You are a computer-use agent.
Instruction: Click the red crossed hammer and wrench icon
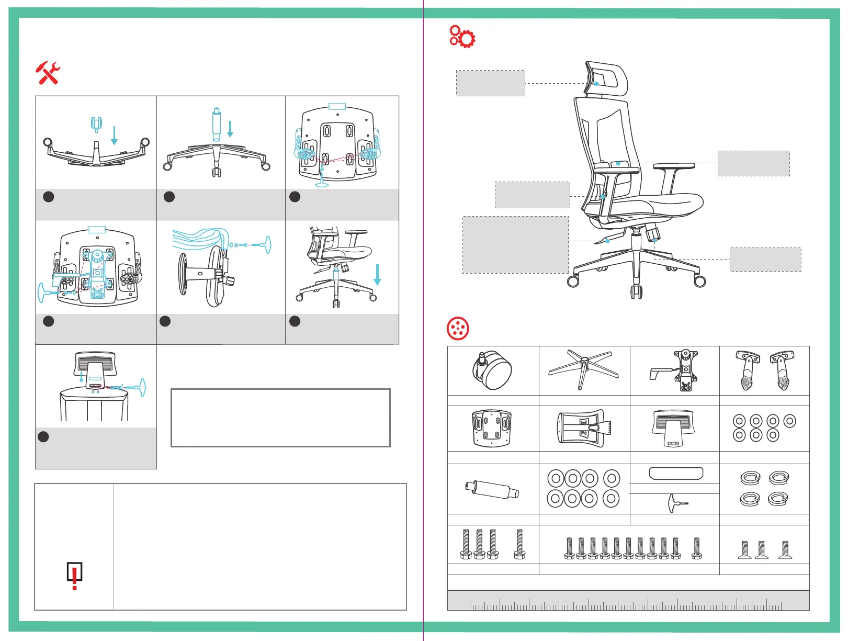coord(48,73)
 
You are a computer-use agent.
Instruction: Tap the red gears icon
coord(462,37)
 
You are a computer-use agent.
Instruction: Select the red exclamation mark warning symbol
coord(75,576)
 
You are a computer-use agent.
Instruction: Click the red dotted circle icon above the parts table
coord(458,329)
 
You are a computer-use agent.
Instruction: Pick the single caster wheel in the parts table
coord(492,370)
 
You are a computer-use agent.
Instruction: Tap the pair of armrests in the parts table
coord(764,370)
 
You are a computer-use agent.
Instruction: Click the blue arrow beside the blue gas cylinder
coord(230,128)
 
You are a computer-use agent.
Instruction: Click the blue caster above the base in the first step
coord(96,124)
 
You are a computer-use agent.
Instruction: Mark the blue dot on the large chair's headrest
coord(596,84)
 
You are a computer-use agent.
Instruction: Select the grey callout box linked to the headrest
coord(490,83)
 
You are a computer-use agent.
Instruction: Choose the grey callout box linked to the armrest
coord(753,163)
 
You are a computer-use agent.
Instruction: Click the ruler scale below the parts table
coord(628,601)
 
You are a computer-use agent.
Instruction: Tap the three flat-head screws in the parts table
coord(764,549)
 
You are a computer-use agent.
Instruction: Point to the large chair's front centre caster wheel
coord(636,291)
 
